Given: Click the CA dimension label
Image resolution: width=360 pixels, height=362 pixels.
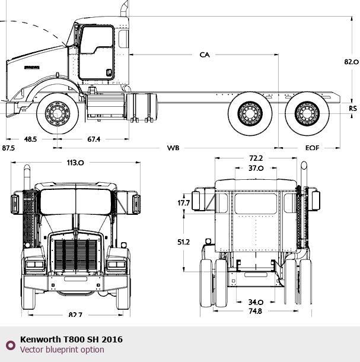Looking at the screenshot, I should pyautogui.click(x=205, y=55).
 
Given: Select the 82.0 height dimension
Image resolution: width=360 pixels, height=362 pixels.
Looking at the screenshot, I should pyautogui.click(x=352, y=62).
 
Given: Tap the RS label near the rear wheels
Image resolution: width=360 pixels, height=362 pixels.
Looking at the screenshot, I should pyautogui.click(x=353, y=108).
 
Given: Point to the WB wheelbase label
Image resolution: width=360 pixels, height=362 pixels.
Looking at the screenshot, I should pyautogui.click(x=173, y=147).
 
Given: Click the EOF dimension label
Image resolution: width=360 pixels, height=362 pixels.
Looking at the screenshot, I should pyautogui.click(x=312, y=147).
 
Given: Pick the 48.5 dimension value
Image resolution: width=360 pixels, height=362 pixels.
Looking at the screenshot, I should pyautogui.click(x=30, y=139).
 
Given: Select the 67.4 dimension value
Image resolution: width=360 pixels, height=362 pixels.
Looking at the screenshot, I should pyautogui.click(x=94, y=139).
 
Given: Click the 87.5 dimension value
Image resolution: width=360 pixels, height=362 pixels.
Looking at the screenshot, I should pyautogui.click(x=8, y=147).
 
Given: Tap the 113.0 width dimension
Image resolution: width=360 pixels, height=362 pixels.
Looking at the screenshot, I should pyautogui.click(x=75, y=162).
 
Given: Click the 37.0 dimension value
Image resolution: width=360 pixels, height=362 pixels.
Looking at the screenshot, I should pyautogui.click(x=256, y=168).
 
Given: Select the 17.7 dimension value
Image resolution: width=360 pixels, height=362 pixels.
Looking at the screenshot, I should pyautogui.click(x=183, y=204).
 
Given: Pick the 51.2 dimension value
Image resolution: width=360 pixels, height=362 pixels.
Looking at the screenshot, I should pyautogui.click(x=183, y=242).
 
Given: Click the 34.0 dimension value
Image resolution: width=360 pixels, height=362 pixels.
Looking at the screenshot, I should pyautogui.click(x=256, y=301).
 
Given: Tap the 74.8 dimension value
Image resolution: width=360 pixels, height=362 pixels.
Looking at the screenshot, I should pyautogui.click(x=256, y=311).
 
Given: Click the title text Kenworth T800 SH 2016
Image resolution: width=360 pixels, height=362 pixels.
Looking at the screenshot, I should pyautogui.click(x=71, y=339).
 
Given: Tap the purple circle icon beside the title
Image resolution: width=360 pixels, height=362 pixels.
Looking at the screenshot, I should pyautogui.click(x=10, y=345).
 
